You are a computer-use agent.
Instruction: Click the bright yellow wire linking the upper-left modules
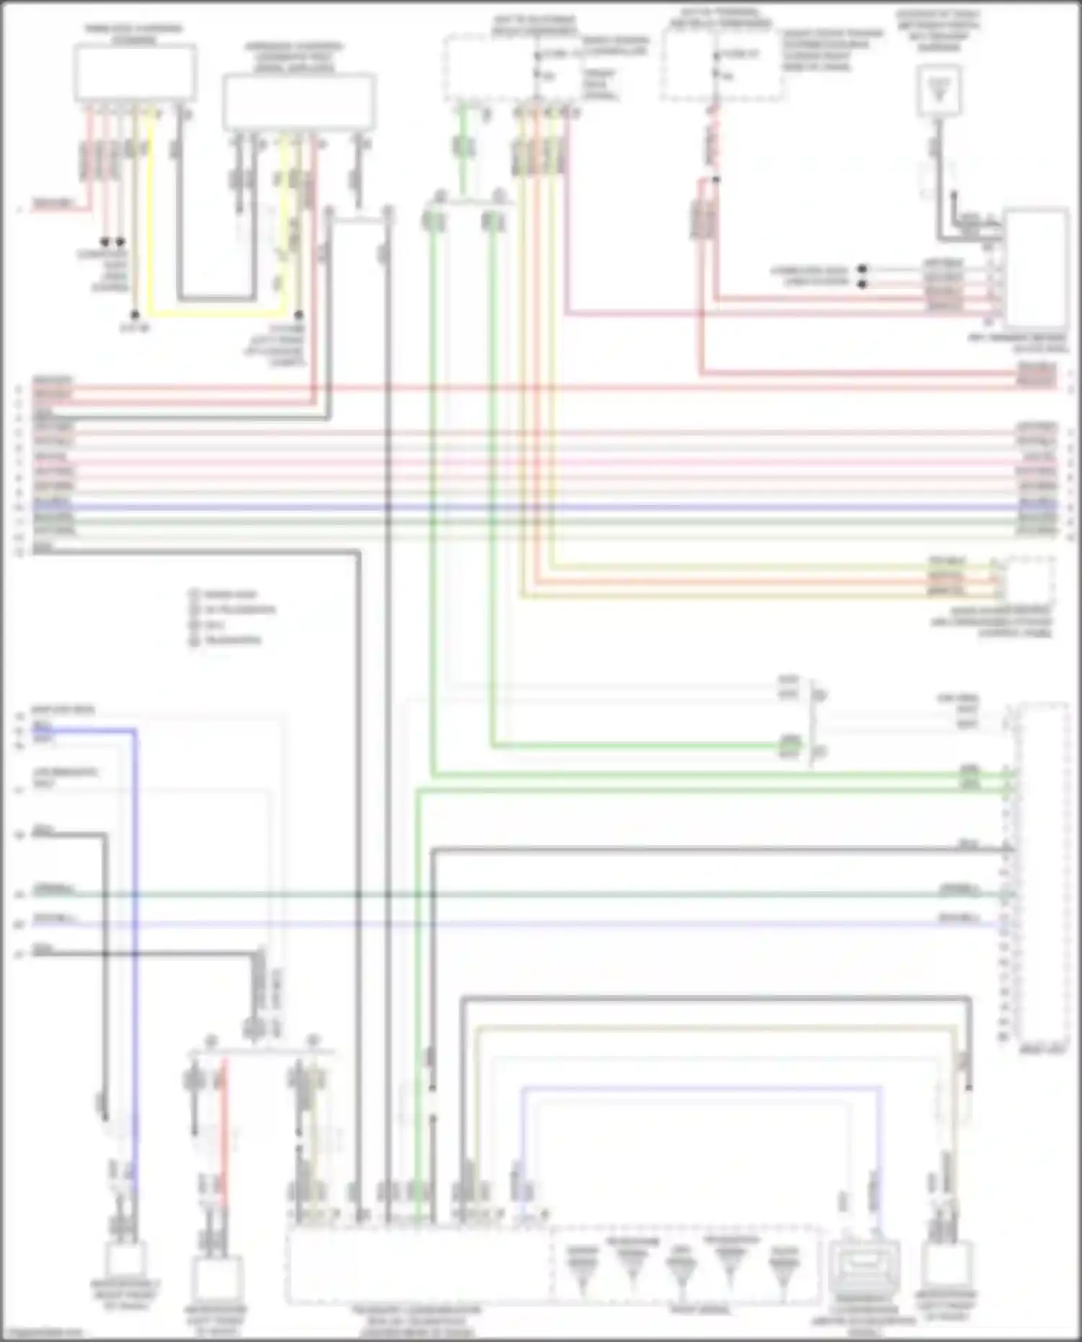(x=216, y=314)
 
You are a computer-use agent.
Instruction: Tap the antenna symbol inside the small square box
(x=939, y=89)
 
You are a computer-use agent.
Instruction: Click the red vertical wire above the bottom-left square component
(x=224, y=1125)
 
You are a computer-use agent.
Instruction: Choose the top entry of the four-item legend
(x=229, y=595)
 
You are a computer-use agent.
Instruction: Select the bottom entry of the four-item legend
(x=229, y=640)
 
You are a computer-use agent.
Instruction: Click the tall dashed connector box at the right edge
(x=1041, y=873)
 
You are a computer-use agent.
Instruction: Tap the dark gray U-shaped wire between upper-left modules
(x=216, y=297)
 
